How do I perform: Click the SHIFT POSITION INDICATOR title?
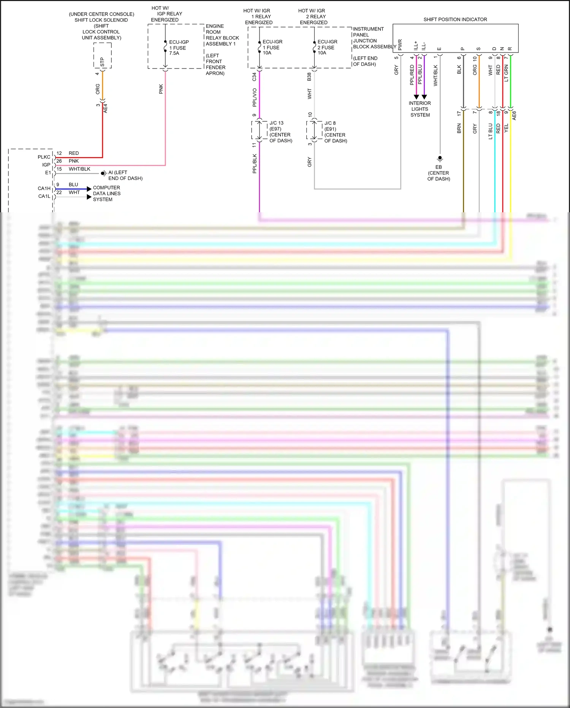[x=455, y=19]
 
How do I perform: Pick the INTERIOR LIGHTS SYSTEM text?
[x=420, y=109]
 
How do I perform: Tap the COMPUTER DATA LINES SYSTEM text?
[x=106, y=193]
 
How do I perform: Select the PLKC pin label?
[x=44, y=157]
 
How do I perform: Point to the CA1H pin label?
[x=44, y=188]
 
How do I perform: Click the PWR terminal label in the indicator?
[x=400, y=45]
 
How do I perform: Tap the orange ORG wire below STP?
[x=103, y=86]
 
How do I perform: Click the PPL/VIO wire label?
[x=254, y=97]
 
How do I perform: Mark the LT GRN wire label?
[x=506, y=73]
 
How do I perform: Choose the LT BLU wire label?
[x=491, y=131]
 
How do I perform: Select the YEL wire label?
[x=506, y=128]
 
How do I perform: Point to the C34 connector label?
[x=254, y=77]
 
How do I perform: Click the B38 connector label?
[x=309, y=77]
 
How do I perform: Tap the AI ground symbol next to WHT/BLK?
[x=103, y=173]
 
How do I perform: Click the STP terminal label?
[x=102, y=62]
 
